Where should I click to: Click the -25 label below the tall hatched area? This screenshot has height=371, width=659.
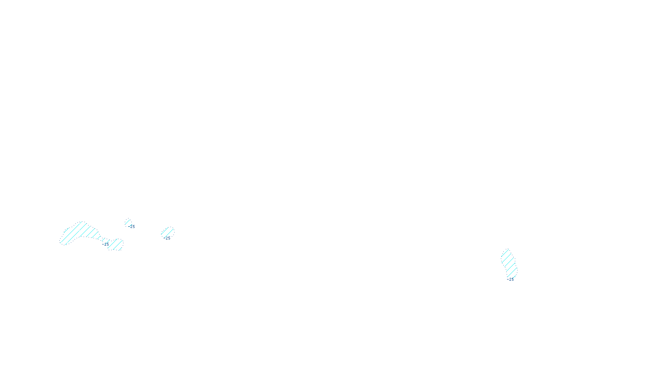[511, 279]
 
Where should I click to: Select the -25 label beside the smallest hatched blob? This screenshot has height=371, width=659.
[132, 227]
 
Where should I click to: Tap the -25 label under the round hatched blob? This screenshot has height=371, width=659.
[167, 238]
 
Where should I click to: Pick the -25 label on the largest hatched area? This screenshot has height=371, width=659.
[106, 244]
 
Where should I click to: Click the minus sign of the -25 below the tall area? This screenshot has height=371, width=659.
[508, 279]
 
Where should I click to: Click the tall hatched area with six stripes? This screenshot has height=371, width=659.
[509, 263]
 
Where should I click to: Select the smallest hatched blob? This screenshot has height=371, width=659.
[128, 222]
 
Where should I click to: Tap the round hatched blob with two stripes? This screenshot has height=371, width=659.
[167, 232]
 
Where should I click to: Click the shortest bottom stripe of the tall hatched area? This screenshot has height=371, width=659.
[513, 274]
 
